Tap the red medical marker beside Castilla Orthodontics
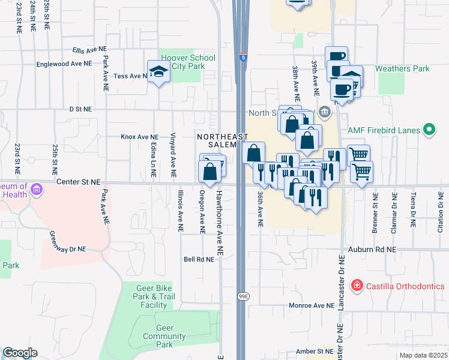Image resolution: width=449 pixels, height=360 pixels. tap(357, 285)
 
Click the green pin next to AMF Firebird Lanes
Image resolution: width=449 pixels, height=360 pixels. tap(429, 130)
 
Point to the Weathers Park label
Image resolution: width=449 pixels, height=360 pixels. tap(402, 68)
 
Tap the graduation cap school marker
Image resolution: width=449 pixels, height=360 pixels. tap(158, 71)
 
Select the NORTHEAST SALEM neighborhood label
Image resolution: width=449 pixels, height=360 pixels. tap(222, 141)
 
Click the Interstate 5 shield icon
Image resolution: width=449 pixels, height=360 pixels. tap(242, 58)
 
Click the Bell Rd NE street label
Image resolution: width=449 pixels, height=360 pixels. tap(199, 260)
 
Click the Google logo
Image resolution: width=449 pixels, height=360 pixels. tap(20, 353)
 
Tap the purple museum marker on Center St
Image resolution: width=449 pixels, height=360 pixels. tap(37, 190)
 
